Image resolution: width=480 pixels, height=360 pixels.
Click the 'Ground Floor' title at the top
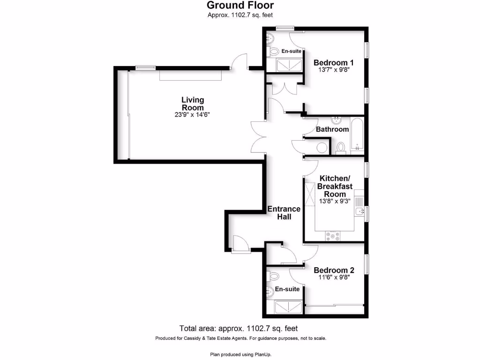pyautogui.click(x=240, y=6)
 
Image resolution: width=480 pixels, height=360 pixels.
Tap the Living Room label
pyautogui.click(x=193, y=104)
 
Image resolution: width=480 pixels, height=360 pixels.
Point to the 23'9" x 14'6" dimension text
pyautogui.click(x=193, y=115)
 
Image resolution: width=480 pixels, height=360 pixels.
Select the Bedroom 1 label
pyautogui.click(x=333, y=63)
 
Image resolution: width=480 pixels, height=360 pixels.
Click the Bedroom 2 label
pyautogui.click(x=334, y=270)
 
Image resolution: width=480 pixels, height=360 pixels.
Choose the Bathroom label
pyautogui.click(x=332, y=129)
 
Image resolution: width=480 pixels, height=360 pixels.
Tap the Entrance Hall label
pyautogui.click(x=284, y=213)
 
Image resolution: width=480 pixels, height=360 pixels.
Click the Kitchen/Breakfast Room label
pyautogui.click(x=335, y=186)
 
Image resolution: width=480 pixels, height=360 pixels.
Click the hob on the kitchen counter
pyautogui.click(x=335, y=237)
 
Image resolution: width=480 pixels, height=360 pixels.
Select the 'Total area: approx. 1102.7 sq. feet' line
pyautogui.click(x=239, y=329)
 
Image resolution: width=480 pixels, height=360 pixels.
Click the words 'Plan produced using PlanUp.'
pyautogui.click(x=240, y=355)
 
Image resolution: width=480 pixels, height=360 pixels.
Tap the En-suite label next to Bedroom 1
pyautogui.click(x=291, y=51)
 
